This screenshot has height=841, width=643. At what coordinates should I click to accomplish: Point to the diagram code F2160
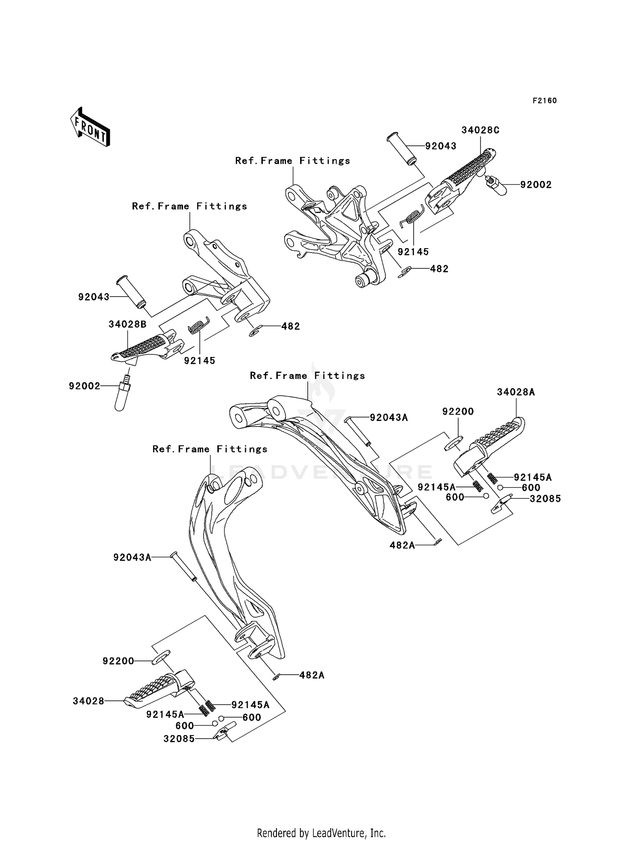pos(544,101)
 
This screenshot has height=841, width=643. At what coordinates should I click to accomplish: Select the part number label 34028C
pos(480,130)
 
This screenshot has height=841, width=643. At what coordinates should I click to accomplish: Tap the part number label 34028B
pos(127,324)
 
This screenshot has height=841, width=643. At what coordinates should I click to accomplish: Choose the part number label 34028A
pos(516,392)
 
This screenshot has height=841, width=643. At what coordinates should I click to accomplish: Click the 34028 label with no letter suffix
pos(88,701)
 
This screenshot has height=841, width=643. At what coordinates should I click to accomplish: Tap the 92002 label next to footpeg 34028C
pos(536,185)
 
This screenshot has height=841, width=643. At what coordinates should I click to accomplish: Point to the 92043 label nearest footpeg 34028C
pos(441,146)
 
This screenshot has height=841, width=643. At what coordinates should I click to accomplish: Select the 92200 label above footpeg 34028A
pos(458,411)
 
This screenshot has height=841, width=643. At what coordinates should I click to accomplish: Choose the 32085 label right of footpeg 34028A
pos(545,499)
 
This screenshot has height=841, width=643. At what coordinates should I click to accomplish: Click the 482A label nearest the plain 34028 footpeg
pos(312,676)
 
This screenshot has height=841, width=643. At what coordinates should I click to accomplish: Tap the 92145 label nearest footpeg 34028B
pos(200,360)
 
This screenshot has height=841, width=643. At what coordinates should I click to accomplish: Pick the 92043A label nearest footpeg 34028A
pos(389,417)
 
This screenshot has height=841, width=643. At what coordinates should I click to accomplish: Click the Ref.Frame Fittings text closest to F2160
pos(292,161)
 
